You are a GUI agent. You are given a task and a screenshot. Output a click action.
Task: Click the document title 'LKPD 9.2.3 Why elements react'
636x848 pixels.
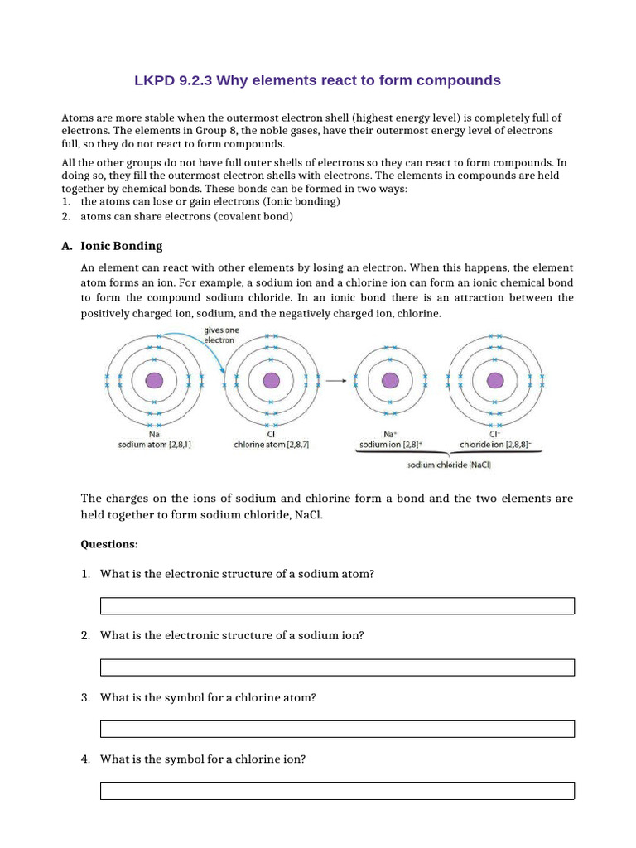pyautogui.click(x=317, y=80)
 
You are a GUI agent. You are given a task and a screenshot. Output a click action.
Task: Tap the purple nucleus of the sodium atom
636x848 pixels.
pyautogui.click(x=154, y=380)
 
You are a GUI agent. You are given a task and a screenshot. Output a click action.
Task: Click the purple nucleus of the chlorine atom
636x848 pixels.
pyautogui.click(x=271, y=380)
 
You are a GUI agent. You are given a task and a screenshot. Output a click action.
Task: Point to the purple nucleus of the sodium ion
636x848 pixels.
pyautogui.click(x=389, y=380)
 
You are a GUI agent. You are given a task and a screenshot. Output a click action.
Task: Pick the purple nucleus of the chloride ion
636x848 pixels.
pyautogui.click(x=495, y=380)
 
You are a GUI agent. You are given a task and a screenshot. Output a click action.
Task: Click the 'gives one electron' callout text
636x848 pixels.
pyautogui.click(x=219, y=335)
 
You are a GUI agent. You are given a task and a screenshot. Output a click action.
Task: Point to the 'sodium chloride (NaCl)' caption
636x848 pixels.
pyautogui.click(x=449, y=465)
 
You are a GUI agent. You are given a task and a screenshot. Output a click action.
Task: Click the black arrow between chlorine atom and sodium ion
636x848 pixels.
pyautogui.click(x=335, y=381)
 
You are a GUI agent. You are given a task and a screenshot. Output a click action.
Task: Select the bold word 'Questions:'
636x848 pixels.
pyautogui.click(x=109, y=544)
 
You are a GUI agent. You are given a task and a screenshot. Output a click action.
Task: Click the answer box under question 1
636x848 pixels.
pyautogui.click(x=337, y=606)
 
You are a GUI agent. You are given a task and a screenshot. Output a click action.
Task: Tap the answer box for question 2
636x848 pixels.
pyautogui.click(x=337, y=667)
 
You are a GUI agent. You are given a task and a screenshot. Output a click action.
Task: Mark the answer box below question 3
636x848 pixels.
pyautogui.click(x=337, y=729)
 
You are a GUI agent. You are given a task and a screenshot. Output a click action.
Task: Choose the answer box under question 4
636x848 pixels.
pyautogui.click(x=337, y=790)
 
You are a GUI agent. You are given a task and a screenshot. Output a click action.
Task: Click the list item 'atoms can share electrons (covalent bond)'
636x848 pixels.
pyautogui.click(x=186, y=217)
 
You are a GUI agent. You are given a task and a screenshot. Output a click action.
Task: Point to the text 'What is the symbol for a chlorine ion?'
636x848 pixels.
pyautogui.click(x=203, y=759)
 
